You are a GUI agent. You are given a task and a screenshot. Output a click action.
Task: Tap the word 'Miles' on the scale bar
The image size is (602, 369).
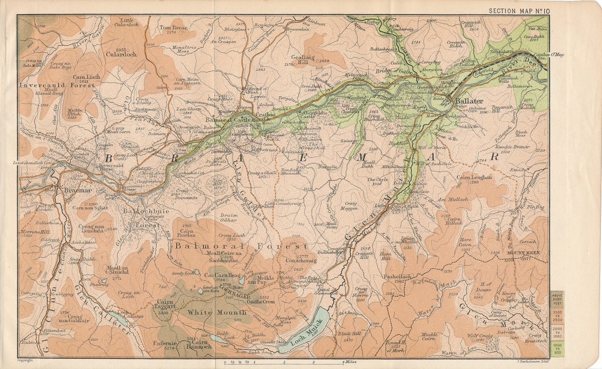351,362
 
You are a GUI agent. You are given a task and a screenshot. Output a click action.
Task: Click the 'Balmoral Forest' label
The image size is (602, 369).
241,246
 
